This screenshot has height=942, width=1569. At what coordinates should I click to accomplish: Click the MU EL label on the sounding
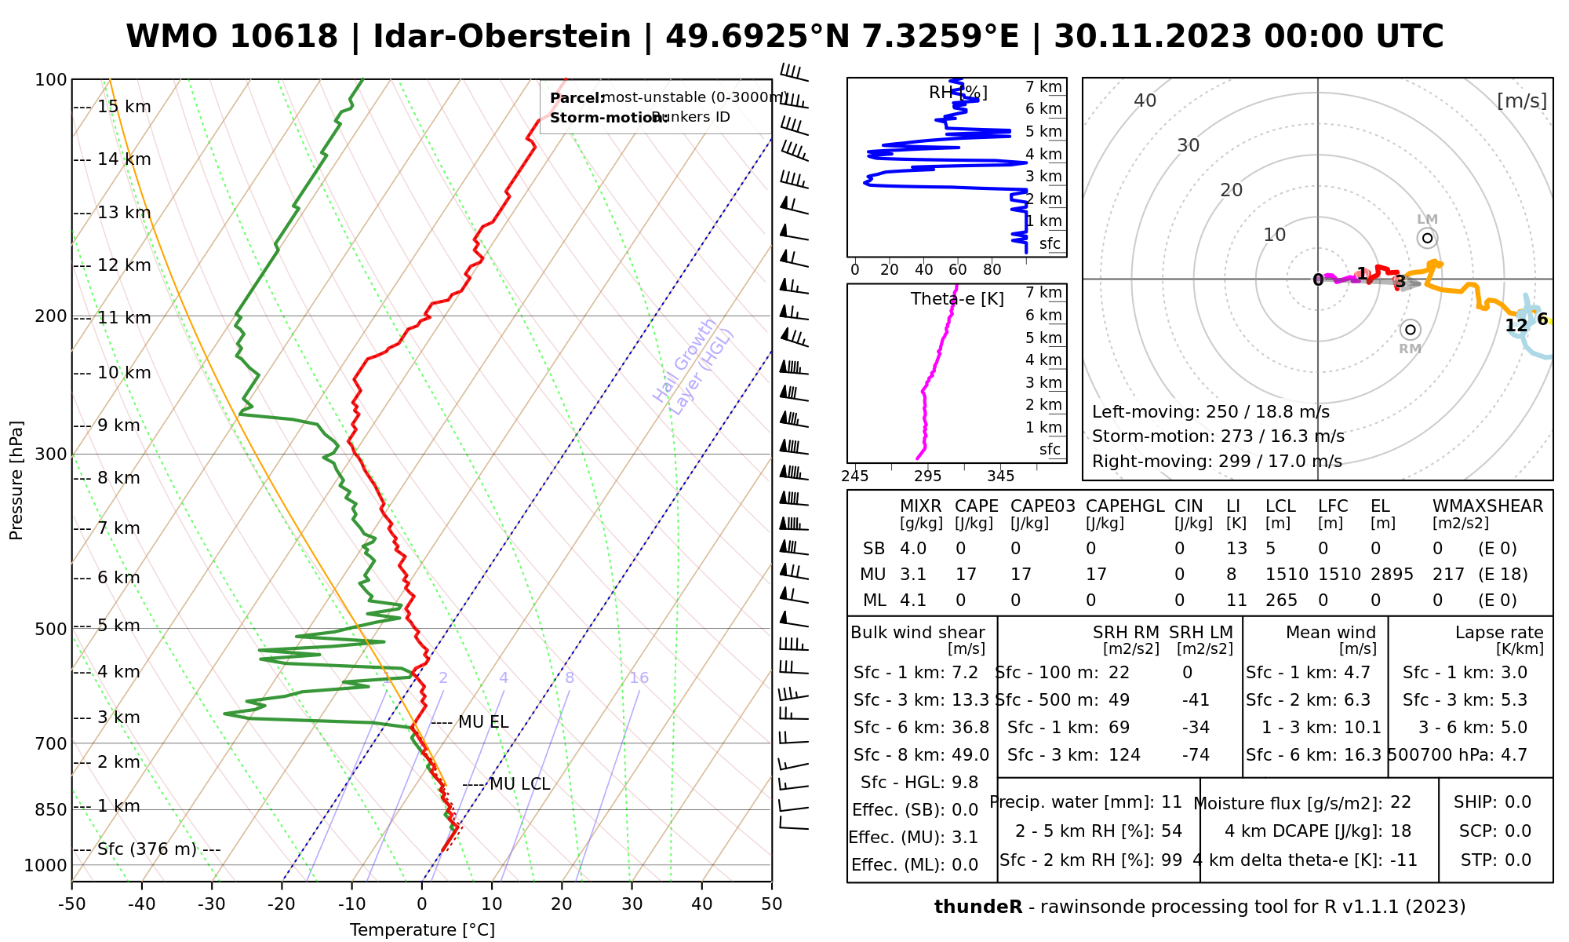[x=483, y=722]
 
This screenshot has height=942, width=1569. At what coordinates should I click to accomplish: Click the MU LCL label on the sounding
[x=519, y=784]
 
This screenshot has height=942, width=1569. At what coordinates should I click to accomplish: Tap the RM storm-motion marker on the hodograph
[x=1410, y=330]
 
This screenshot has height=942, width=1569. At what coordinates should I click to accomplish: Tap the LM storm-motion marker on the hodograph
[x=1427, y=238]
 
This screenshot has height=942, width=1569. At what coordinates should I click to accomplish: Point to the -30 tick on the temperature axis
[x=212, y=904]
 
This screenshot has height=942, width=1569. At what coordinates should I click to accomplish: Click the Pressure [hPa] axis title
[x=16, y=480]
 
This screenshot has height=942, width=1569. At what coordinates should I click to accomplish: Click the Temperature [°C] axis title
[x=422, y=930]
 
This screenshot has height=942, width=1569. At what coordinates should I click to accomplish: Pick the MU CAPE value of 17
[x=966, y=575]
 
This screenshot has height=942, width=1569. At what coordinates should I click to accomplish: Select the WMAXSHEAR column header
[x=1487, y=506]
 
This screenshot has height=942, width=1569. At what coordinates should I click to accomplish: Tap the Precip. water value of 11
[x=1171, y=802]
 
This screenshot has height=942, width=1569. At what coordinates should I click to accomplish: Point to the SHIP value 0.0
[x=1518, y=802]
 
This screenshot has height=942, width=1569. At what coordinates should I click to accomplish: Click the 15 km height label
[x=124, y=107]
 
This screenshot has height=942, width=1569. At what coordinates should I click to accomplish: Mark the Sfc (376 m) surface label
[x=147, y=849]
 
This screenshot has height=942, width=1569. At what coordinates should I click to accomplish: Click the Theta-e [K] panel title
[x=957, y=299]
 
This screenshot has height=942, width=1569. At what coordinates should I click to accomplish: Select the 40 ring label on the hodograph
[x=1145, y=100]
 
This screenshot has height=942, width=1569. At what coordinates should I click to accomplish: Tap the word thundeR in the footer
[x=978, y=907]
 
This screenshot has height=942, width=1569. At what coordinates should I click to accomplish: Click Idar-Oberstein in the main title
[x=502, y=37]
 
